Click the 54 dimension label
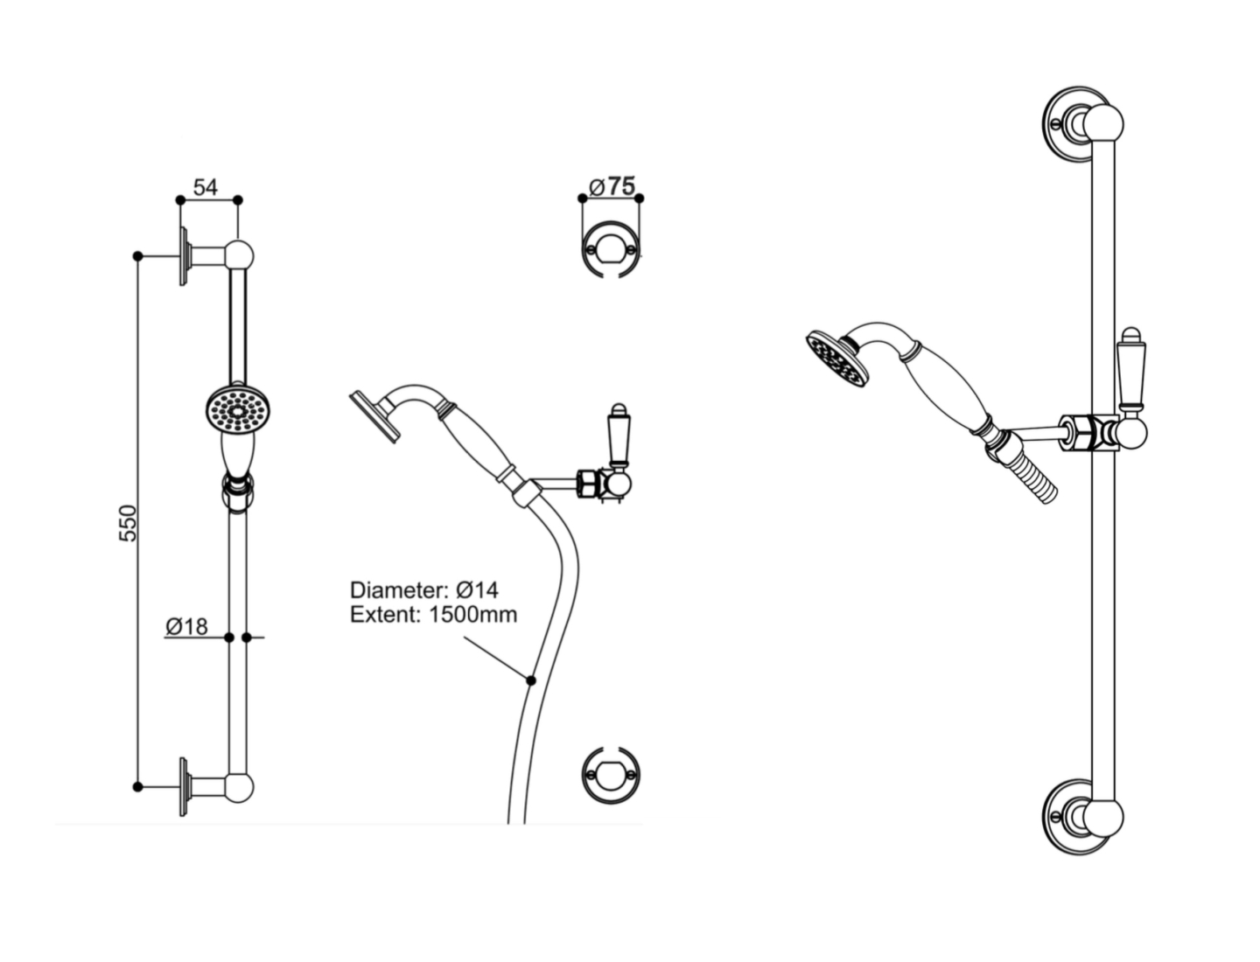click(x=206, y=187)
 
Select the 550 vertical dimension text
click(x=129, y=522)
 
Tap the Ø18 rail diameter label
click(x=186, y=626)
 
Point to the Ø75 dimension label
click(x=612, y=186)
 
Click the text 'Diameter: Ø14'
click(x=423, y=589)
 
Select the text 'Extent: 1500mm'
click(x=433, y=615)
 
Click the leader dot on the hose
click(x=530, y=680)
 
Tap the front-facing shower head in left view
click(x=240, y=409)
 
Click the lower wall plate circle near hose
click(x=611, y=774)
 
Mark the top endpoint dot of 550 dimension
click(x=137, y=256)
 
